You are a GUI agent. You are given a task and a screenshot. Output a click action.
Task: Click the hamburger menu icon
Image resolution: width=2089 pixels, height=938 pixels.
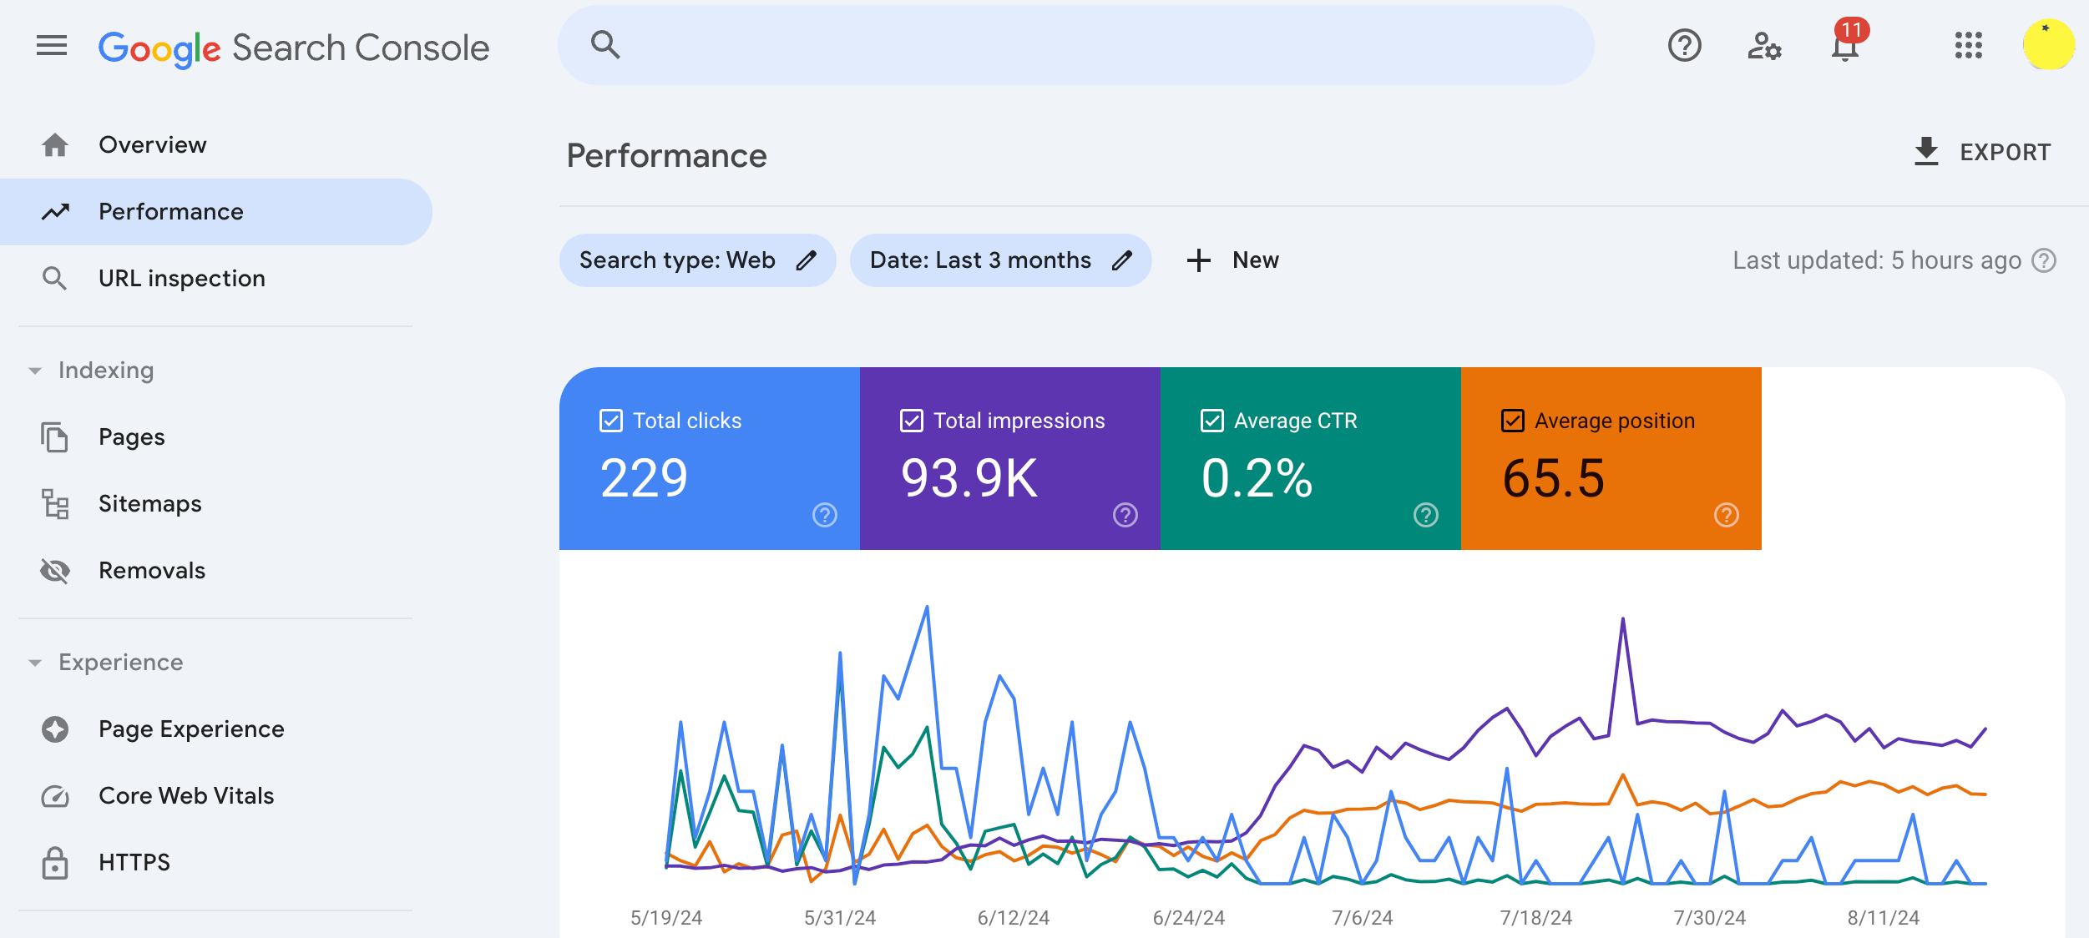(52, 46)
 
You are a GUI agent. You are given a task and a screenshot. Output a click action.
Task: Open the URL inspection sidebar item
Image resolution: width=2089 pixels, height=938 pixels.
(181, 279)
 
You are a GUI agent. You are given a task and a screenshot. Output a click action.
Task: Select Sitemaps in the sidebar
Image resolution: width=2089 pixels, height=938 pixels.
(149, 504)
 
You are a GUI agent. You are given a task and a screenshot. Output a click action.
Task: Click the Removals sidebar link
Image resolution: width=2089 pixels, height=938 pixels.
(151, 571)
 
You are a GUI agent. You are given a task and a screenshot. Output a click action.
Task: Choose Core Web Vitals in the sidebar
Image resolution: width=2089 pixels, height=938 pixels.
(185, 796)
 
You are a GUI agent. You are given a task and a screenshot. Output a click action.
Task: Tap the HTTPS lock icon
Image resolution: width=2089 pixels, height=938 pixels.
(55, 863)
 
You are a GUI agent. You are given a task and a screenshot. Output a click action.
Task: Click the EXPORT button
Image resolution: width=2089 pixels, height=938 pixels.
(1982, 152)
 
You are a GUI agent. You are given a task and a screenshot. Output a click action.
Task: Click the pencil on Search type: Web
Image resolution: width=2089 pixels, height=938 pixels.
(806, 260)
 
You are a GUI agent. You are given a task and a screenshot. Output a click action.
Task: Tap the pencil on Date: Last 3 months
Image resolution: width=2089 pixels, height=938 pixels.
(1122, 260)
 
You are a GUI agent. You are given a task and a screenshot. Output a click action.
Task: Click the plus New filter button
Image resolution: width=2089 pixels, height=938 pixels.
(1232, 260)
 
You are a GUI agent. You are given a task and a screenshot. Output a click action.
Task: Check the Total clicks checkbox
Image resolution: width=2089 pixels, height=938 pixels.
(611, 421)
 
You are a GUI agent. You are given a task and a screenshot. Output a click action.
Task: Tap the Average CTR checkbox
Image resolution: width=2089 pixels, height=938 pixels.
(1212, 421)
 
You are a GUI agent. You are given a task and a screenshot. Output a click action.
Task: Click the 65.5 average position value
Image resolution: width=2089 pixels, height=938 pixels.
(1553, 479)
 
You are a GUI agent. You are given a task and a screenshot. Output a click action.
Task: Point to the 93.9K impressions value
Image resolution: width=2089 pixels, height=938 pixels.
(969, 479)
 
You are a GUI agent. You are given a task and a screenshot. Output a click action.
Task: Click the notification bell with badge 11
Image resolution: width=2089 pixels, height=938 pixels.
(1845, 46)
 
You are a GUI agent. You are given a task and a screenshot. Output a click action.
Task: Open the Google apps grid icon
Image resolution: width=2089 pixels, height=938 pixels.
(1968, 46)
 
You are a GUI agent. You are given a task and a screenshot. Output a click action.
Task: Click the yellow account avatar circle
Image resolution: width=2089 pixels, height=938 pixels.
(2048, 45)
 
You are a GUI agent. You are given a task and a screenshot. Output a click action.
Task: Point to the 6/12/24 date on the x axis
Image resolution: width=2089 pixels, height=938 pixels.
(1013, 918)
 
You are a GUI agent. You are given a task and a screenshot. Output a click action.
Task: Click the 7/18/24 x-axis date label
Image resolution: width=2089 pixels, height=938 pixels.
(1535, 918)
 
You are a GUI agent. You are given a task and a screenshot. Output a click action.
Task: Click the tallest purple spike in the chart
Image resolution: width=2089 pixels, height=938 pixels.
(1622, 620)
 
